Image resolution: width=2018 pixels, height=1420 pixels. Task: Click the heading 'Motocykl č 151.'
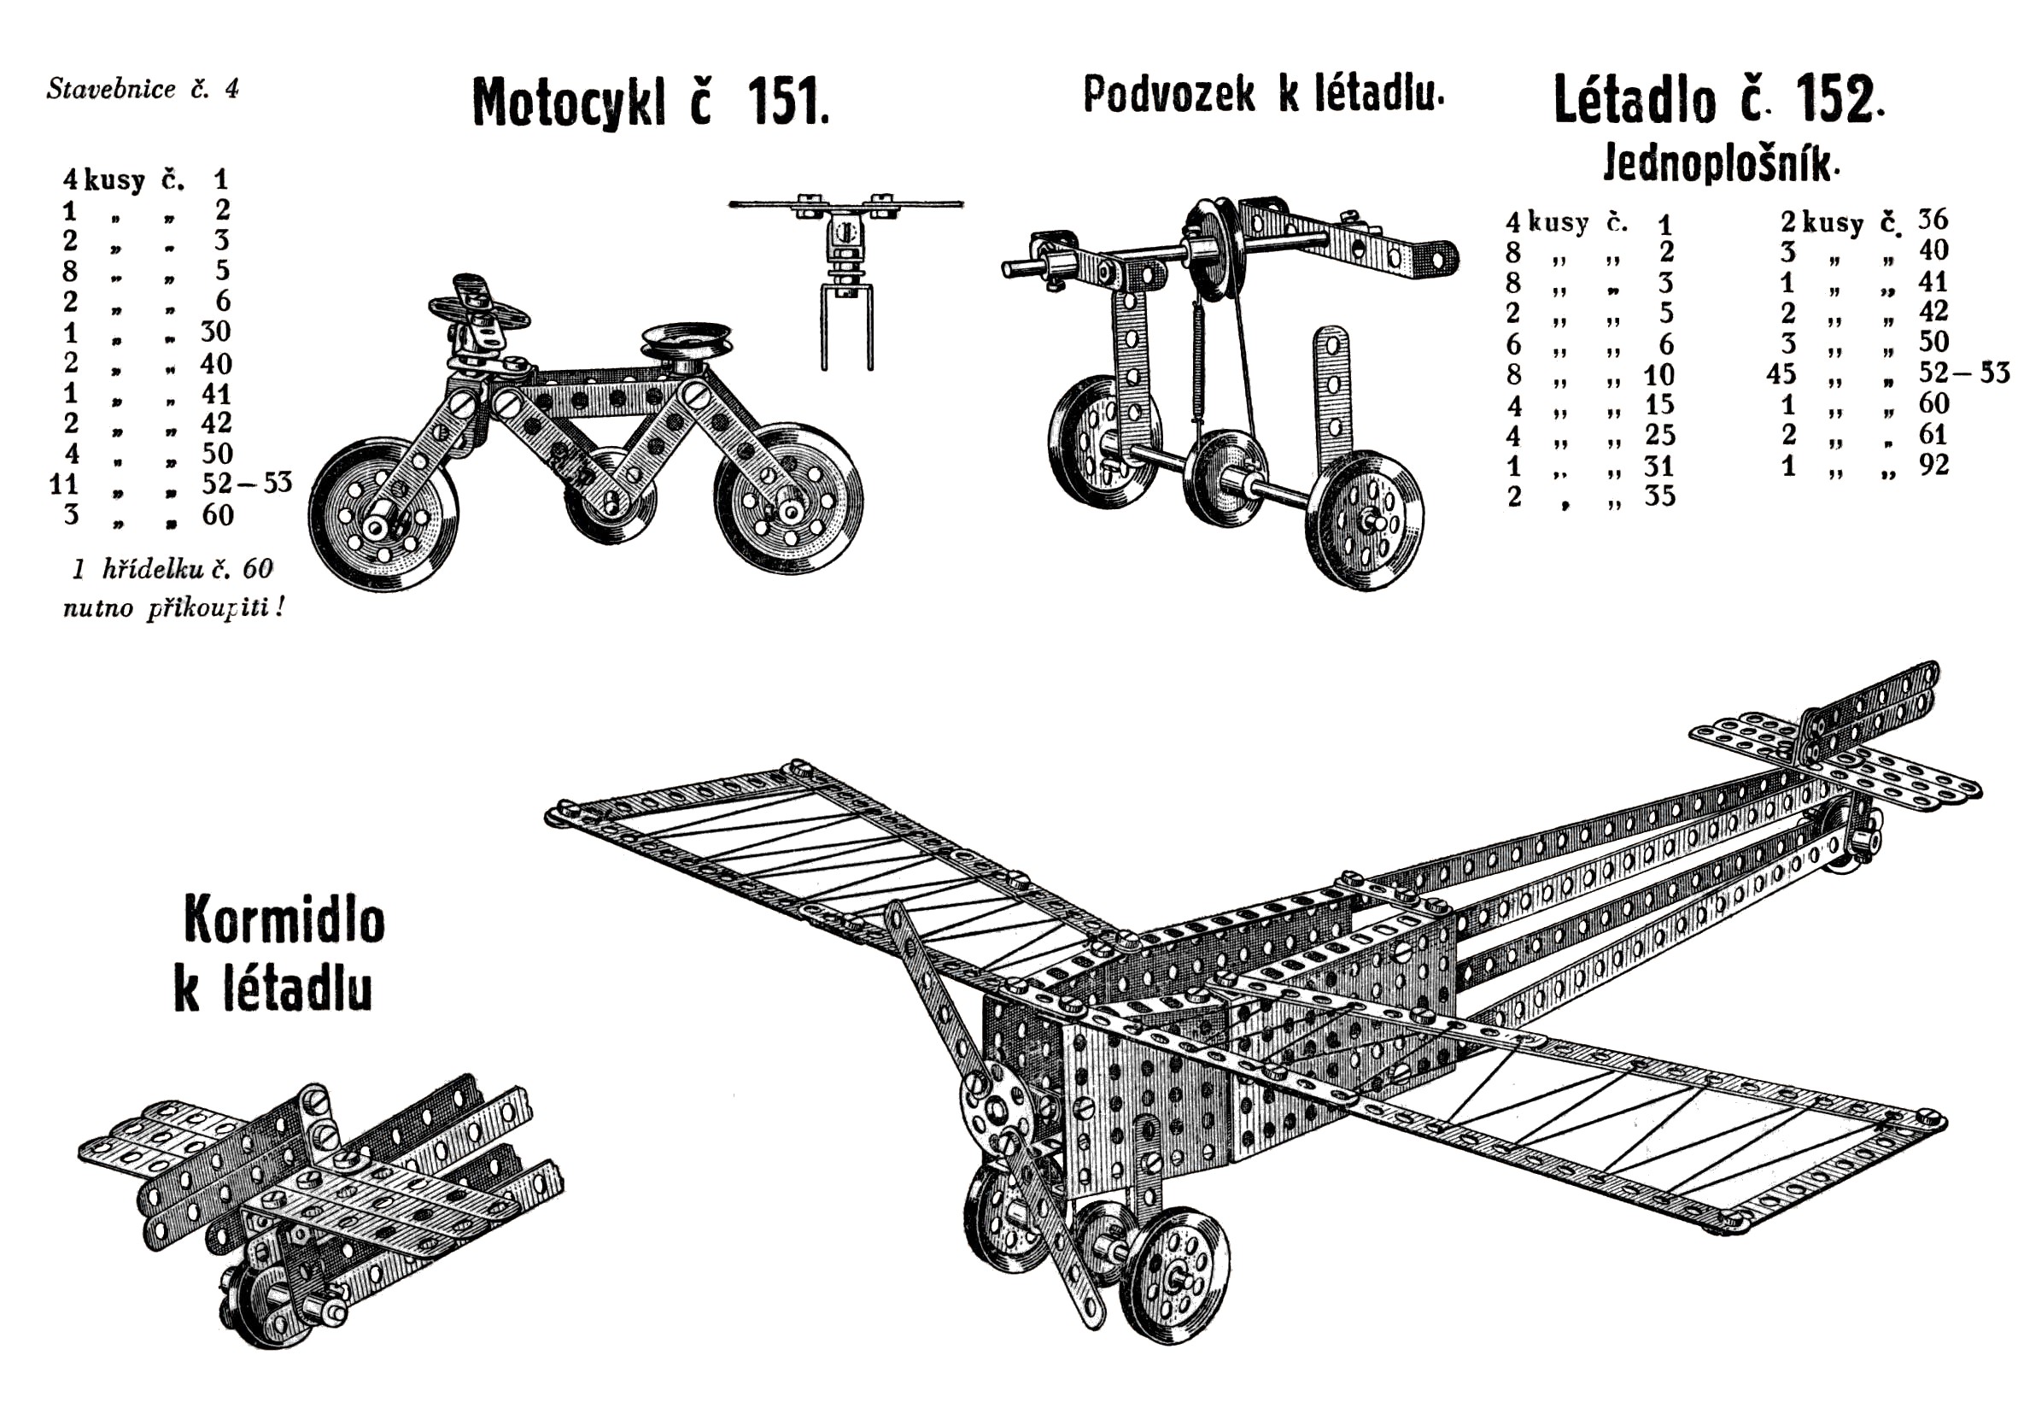[651, 102]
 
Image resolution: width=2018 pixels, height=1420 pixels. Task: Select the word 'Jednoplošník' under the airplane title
[1719, 163]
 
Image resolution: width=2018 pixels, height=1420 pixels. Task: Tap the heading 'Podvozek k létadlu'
[1263, 93]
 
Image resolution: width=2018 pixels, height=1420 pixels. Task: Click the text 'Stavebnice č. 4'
[143, 89]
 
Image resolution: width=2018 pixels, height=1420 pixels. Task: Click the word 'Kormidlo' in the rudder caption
[284, 919]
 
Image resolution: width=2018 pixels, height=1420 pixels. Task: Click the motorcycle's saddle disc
[686, 337]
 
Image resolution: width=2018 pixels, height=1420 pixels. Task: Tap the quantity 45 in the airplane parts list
[1781, 373]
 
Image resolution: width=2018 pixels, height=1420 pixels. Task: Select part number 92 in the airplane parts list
[1933, 464]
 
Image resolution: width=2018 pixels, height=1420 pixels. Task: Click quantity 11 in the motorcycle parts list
[64, 484]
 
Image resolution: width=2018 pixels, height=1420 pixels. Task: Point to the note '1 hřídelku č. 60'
[173, 569]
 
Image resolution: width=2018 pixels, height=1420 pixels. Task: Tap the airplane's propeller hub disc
[997, 1112]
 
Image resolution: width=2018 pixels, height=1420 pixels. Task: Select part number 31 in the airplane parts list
[1659, 466]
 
